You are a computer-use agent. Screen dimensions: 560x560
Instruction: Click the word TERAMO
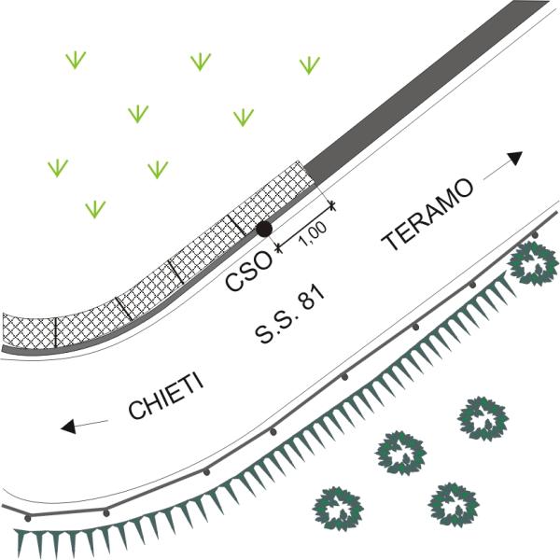coord(427,214)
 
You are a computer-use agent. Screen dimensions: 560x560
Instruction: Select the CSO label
coord(248,271)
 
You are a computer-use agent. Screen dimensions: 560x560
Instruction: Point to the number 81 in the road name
coord(312,297)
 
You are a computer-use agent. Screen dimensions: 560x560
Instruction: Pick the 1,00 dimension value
coord(313,232)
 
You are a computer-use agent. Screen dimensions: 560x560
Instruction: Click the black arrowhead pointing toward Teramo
coord(515,158)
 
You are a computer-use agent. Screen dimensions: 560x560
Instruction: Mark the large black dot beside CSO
coord(264,229)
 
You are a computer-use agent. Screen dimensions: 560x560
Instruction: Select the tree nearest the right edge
coord(534,263)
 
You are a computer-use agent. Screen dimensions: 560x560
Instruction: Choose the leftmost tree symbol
coord(338,509)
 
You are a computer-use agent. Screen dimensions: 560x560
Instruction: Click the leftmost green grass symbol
coord(58,168)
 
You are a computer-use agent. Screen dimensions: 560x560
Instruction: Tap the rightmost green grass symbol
coord(310,65)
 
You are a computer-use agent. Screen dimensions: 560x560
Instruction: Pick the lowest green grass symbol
coord(95,209)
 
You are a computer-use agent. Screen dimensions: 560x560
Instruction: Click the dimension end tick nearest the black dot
coord(279,247)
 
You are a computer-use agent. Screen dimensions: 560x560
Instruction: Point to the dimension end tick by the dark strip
coord(332,205)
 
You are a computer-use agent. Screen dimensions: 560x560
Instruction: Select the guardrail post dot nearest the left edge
coord(28,518)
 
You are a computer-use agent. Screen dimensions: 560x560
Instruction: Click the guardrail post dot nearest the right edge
coord(535,235)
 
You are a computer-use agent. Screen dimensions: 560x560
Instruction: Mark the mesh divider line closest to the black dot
coord(237,225)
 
